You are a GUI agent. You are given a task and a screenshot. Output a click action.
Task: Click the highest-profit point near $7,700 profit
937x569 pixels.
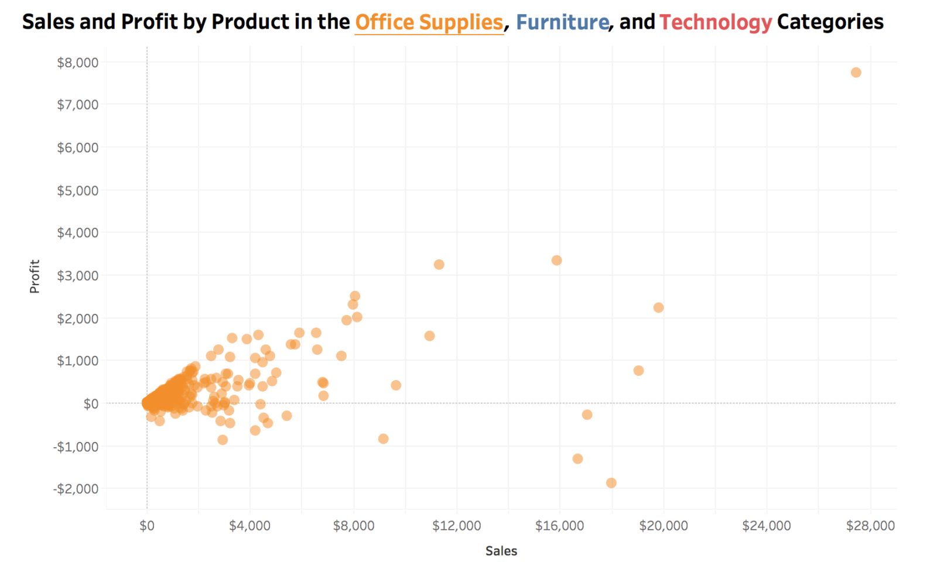(856, 73)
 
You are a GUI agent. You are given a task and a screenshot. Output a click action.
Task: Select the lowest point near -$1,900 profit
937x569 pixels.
(611, 483)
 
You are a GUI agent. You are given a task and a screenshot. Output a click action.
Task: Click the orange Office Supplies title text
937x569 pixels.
(429, 22)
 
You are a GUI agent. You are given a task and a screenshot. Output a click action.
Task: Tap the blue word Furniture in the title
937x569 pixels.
(562, 22)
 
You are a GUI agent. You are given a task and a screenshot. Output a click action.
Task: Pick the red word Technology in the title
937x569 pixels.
(715, 22)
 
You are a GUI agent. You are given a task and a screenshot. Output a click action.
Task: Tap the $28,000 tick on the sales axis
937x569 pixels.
(870, 526)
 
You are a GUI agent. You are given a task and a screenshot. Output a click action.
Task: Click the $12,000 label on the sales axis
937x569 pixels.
(456, 526)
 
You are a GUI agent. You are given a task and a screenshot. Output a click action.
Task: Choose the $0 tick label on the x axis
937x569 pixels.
(147, 526)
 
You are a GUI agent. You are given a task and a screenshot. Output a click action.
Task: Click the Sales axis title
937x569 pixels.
(501, 551)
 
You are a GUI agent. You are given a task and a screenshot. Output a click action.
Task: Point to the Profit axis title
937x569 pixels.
(35, 276)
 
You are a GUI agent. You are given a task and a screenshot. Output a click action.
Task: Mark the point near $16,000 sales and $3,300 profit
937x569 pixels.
(556, 260)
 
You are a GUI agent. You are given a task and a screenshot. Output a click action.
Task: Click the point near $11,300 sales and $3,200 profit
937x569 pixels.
(439, 265)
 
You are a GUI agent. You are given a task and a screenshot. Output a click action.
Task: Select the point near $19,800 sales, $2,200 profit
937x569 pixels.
(658, 308)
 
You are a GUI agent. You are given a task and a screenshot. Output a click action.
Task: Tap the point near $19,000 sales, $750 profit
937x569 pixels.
(638, 371)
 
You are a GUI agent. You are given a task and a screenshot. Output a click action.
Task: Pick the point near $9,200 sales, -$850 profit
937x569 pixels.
(383, 439)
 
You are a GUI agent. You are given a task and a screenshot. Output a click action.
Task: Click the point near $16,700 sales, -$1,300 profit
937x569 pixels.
(577, 459)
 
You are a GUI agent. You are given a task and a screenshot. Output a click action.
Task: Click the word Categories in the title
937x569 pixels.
(830, 22)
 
